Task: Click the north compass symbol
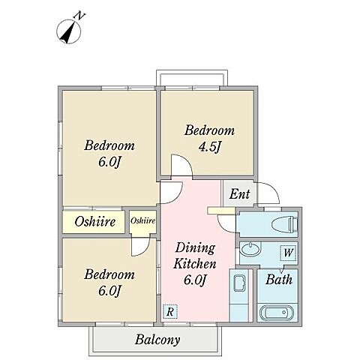[69, 32]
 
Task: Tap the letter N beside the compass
[79, 16]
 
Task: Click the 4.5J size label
[209, 147]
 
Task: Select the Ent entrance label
[239, 194]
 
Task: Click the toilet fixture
[284, 224]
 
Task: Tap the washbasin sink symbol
[250, 249]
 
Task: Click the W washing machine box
[288, 253]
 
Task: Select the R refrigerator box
[170, 311]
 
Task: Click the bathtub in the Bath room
[277, 313]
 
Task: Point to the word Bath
[279, 280]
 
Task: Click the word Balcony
[157, 340]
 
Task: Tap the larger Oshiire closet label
[95, 221]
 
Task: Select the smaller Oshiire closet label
[142, 220]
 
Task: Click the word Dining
[195, 248]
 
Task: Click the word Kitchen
[195, 264]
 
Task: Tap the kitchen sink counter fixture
[239, 295]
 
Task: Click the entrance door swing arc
[272, 190]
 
